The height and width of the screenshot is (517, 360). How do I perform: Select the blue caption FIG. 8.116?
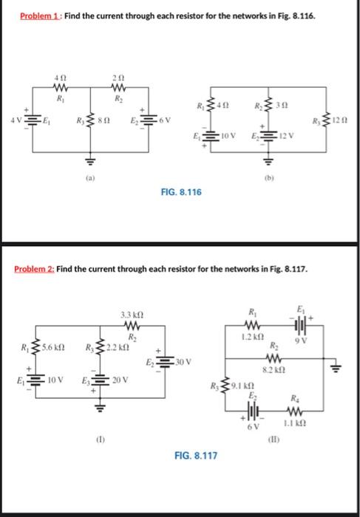pyautogui.click(x=181, y=192)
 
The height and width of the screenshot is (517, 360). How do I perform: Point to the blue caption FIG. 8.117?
pyautogui.click(x=196, y=456)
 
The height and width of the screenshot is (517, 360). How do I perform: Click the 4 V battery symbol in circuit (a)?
pyautogui.click(x=33, y=120)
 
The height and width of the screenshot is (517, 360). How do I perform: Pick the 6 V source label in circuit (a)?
pyautogui.click(x=165, y=119)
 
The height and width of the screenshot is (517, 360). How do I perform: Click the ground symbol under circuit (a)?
pyautogui.click(x=91, y=161)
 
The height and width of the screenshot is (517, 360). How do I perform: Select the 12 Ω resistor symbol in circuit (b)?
pyautogui.click(x=327, y=120)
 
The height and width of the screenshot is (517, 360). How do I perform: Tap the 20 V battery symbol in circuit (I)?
pyautogui.click(x=100, y=380)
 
